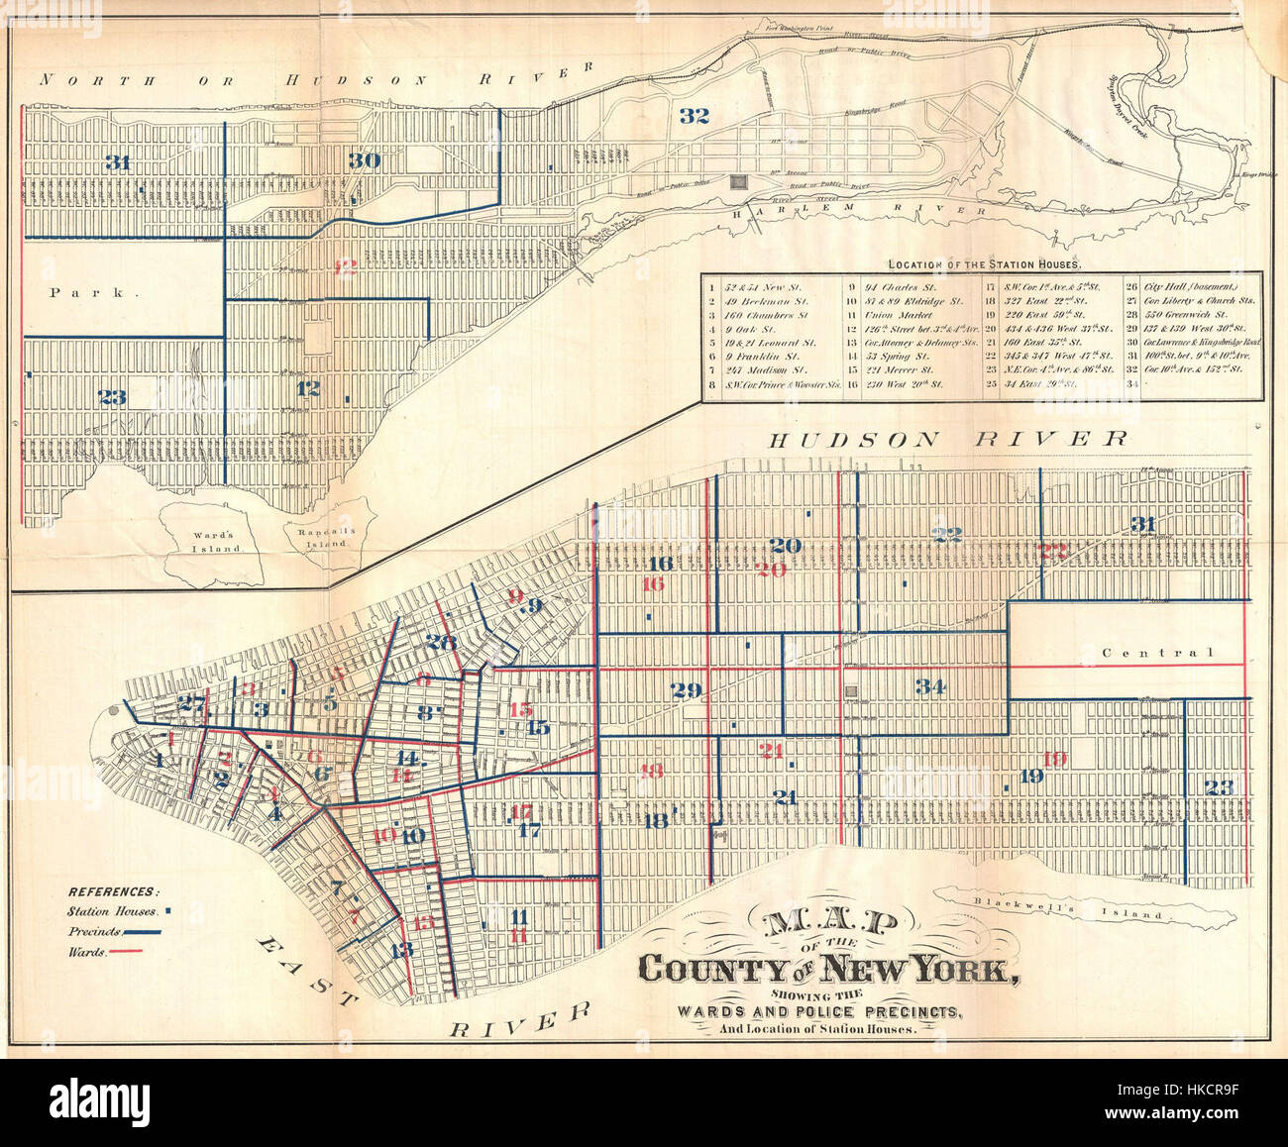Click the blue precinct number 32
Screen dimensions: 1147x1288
(695, 115)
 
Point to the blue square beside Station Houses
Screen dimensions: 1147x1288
(168, 910)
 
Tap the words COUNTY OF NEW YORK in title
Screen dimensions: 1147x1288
(827, 968)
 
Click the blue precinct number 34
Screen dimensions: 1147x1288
(929, 686)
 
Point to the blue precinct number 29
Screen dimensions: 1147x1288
(686, 691)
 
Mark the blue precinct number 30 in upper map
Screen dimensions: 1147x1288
(365, 159)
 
